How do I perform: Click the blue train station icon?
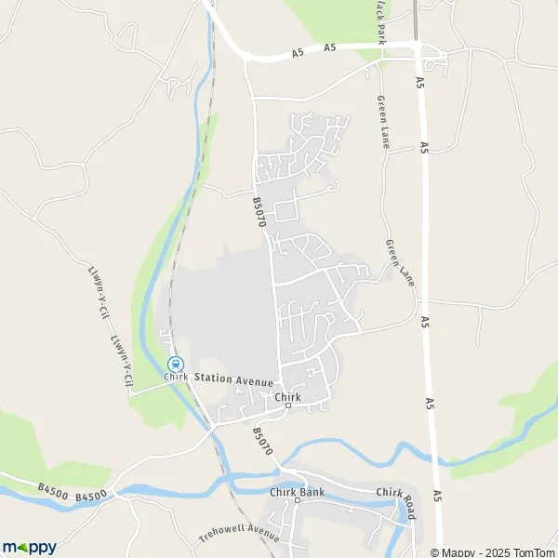(x=175, y=364)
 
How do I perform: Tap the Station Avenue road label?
(x=233, y=380)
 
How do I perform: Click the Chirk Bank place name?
(x=297, y=490)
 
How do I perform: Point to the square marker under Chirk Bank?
(x=297, y=500)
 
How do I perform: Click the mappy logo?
(x=29, y=547)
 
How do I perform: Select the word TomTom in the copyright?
(x=534, y=551)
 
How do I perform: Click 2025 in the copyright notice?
(x=494, y=551)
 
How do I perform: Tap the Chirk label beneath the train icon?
(x=176, y=377)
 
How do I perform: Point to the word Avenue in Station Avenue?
(x=253, y=381)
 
